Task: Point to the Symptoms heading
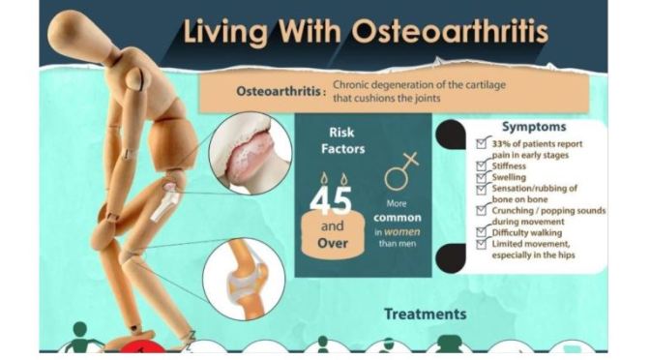[x=535, y=127]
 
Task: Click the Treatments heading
[x=425, y=314]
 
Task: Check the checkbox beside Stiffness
[x=483, y=165]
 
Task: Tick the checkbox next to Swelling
[x=483, y=178]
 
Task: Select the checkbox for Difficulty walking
[x=483, y=231]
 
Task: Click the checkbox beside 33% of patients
[x=483, y=142]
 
